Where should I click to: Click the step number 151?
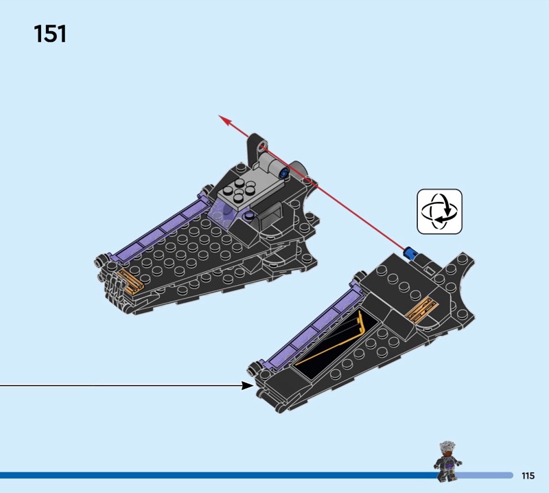click(x=50, y=34)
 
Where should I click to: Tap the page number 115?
click(x=528, y=476)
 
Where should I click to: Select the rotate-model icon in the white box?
click(x=440, y=211)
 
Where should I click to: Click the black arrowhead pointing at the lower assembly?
click(x=248, y=386)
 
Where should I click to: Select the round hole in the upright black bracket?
click(x=262, y=145)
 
